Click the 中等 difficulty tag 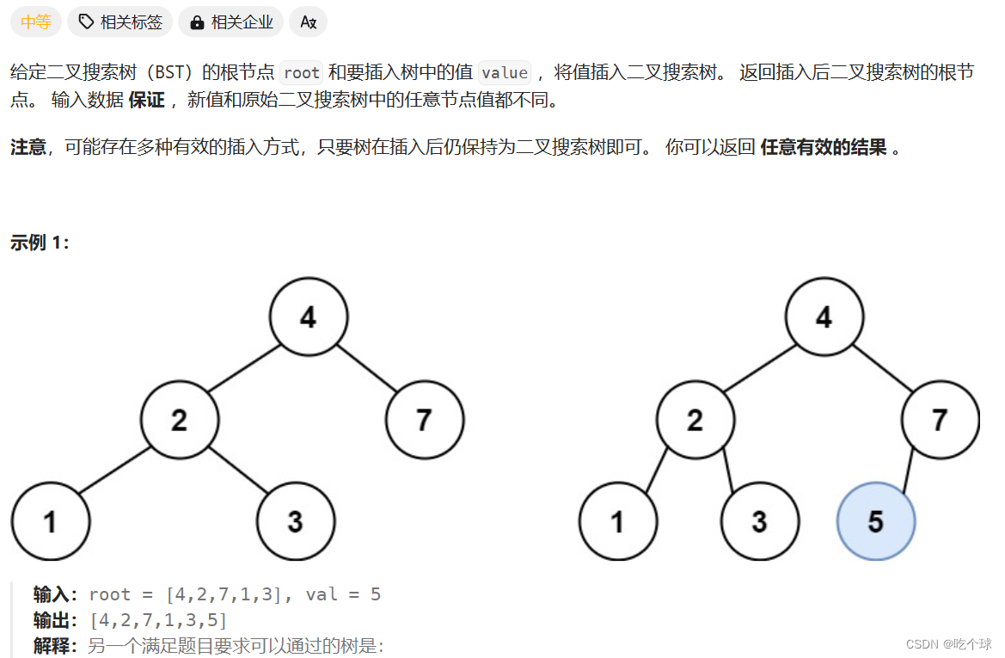point(36,22)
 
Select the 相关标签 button point(120,22)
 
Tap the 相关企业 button point(231,22)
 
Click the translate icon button point(308,22)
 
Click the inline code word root point(301,73)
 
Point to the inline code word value point(505,73)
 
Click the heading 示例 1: point(40,243)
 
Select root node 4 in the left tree point(309,317)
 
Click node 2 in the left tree point(180,420)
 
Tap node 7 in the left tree point(425,420)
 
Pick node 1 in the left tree point(51,521)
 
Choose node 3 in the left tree point(296,521)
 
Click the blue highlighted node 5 point(876,521)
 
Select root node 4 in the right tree point(824,317)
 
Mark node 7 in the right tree point(940,420)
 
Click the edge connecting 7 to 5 point(913,470)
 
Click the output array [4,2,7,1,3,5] point(158,620)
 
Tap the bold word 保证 point(146,101)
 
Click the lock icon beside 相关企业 point(197,22)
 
